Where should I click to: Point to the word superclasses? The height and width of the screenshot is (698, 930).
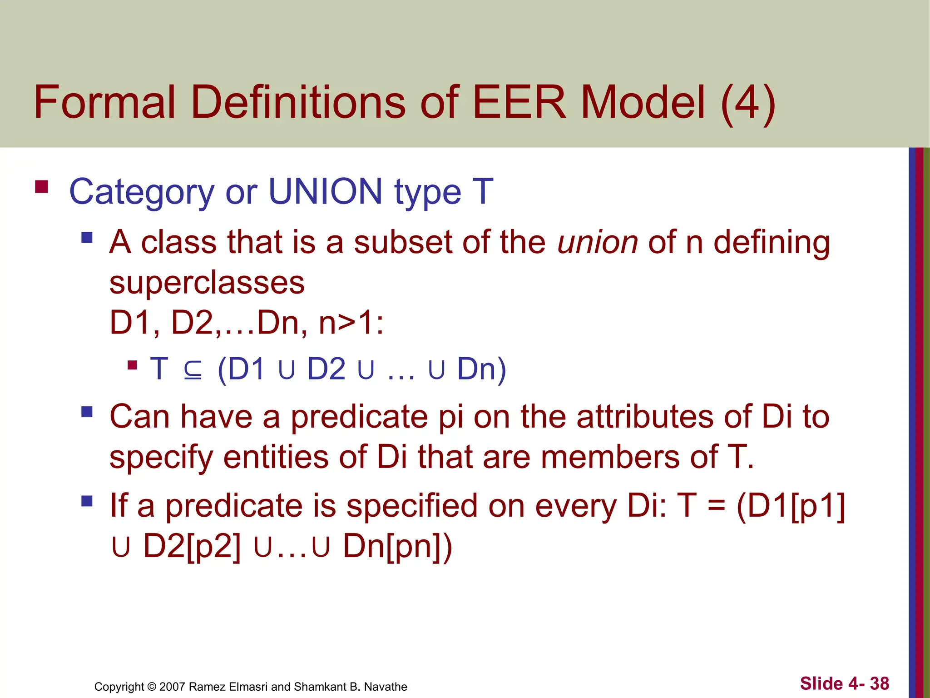[x=207, y=283]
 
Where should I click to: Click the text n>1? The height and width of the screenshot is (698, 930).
[x=351, y=323]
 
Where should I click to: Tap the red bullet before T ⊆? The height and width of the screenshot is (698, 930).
[x=132, y=364]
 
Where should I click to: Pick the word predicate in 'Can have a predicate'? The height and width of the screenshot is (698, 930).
[x=359, y=417]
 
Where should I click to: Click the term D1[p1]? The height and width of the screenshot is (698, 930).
[x=796, y=506]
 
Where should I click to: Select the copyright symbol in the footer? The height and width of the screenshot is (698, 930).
[x=151, y=687]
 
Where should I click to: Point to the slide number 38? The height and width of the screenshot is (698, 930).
[x=879, y=683]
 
